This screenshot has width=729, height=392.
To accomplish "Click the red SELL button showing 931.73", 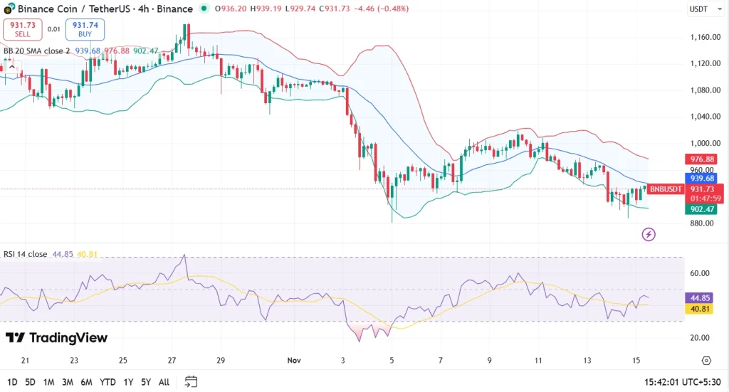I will (x=22, y=29).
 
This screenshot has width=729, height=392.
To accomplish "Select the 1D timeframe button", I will (x=12, y=382).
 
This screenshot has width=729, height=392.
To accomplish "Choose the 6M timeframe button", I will (x=86, y=382).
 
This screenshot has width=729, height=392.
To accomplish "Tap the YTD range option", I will (x=108, y=382).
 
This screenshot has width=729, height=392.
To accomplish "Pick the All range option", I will (x=164, y=382).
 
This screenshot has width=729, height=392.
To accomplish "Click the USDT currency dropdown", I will (x=701, y=9).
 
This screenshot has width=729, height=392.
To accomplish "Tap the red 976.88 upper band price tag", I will (x=701, y=159).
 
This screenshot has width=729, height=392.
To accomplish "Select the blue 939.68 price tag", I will (x=701, y=178).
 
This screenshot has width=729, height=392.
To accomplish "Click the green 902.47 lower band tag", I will (x=701, y=209).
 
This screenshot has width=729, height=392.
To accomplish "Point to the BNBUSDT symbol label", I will (x=665, y=189).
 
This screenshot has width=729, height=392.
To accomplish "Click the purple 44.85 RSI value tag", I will (x=701, y=298).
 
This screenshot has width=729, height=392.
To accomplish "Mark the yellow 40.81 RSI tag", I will (x=701, y=309).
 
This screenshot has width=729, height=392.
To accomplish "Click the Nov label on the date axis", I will (x=295, y=361).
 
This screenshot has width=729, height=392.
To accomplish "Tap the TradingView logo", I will (x=56, y=338).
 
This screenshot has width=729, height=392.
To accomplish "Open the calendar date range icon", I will (x=191, y=382).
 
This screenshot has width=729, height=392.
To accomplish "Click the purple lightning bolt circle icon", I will (x=648, y=234).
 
